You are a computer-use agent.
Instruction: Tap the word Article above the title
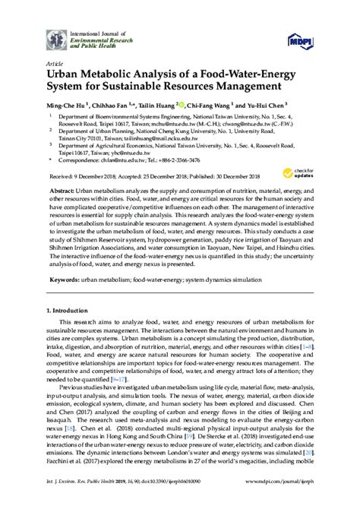55,64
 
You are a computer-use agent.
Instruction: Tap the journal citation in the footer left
99,501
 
